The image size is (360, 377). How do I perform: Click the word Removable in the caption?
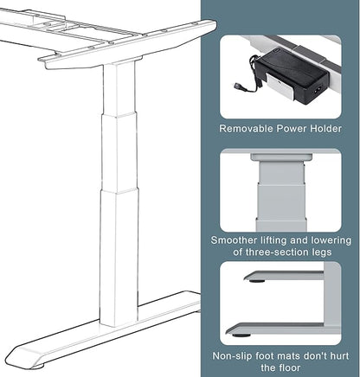pyautogui.click(x=247, y=129)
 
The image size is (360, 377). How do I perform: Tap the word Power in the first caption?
pyautogui.click(x=292, y=129)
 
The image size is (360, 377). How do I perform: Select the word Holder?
pyautogui.click(x=325, y=129)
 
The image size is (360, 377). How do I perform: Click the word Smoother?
pyautogui.click(x=238, y=240)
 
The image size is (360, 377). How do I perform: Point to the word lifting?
pyautogui.click(x=280, y=240)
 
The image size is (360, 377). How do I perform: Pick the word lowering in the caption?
pyautogui.click(x=332, y=240)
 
